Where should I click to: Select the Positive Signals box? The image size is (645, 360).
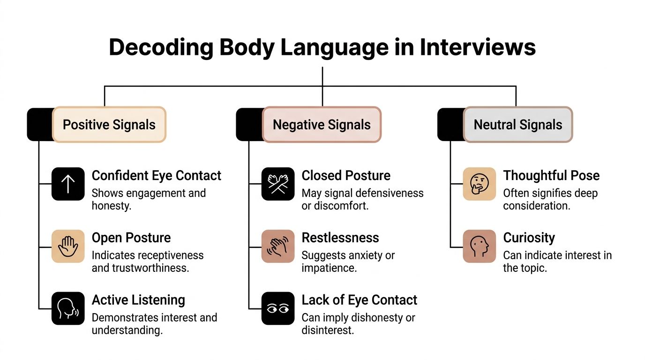(109, 125)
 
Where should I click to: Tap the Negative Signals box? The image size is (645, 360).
(322, 125)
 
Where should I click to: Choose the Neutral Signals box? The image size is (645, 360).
(517, 125)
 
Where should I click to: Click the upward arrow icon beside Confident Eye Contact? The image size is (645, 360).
(68, 184)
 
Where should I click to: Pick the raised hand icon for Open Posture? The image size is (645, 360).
(68, 246)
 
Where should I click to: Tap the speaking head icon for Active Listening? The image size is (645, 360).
(68, 308)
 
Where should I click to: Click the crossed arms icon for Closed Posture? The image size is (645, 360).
(278, 184)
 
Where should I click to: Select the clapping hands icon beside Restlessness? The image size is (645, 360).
(278, 246)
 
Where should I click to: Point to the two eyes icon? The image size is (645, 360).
(278, 308)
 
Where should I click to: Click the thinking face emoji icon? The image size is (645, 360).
(479, 184)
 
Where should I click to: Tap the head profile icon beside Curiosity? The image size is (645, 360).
(479, 246)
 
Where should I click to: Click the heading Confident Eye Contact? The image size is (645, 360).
(156, 176)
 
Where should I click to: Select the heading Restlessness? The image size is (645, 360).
(340, 238)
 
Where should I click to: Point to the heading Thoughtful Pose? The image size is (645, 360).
(551, 176)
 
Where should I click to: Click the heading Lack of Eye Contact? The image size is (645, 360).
(359, 300)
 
